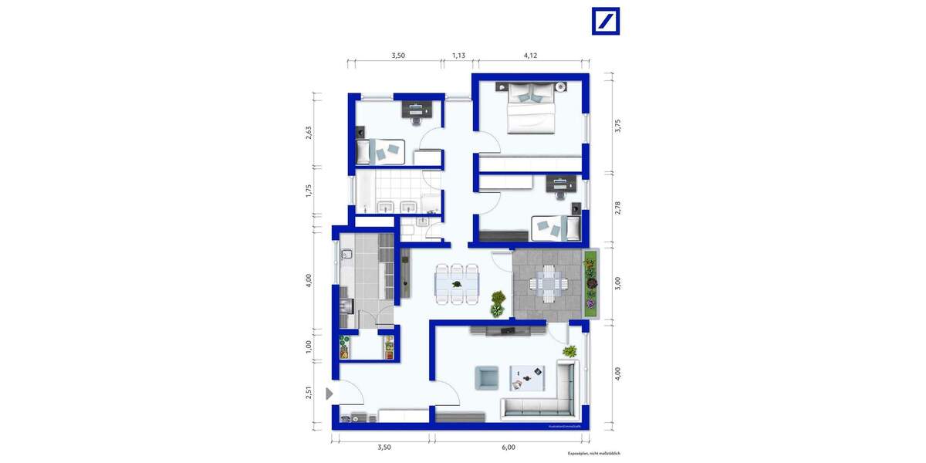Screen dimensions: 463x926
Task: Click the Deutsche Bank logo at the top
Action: [x=605, y=21]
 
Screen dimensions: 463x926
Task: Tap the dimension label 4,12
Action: [x=530, y=56]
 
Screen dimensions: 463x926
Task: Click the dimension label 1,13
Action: [x=458, y=56]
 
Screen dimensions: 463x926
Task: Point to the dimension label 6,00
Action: [x=508, y=447]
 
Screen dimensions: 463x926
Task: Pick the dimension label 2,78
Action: [x=617, y=208]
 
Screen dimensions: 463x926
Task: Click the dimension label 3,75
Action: [x=617, y=127]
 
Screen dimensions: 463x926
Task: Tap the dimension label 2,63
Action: [x=309, y=132]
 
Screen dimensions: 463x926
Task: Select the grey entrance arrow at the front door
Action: [x=330, y=394]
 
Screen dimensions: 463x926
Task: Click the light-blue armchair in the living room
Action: [x=486, y=378]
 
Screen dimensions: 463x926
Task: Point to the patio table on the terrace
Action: [x=547, y=284]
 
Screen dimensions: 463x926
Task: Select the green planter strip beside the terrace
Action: [x=591, y=282]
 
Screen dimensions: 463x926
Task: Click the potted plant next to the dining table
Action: [x=498, y=302]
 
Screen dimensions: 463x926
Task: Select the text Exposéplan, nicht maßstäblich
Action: [x=593, y=453]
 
